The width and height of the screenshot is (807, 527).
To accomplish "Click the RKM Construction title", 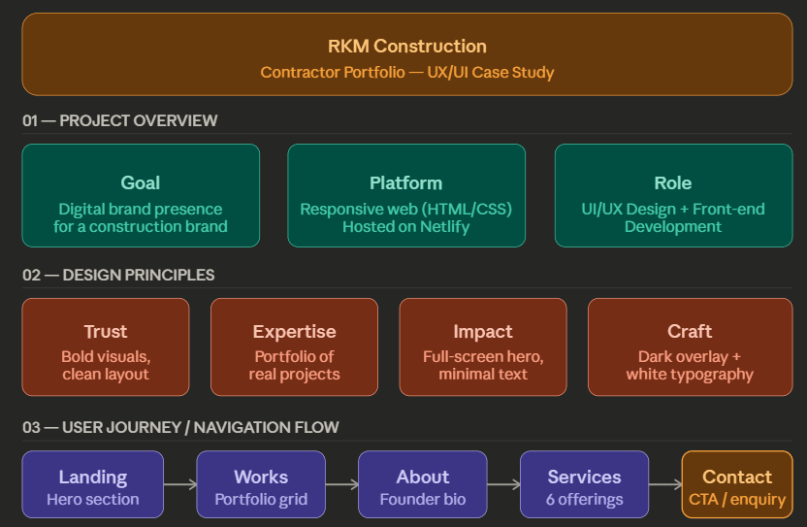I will [406, 46].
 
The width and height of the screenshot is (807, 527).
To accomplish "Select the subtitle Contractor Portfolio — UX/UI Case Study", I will [406, 73].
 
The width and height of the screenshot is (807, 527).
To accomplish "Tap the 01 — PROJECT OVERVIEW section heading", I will [120, 121].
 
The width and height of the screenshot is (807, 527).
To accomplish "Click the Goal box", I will [141, 195].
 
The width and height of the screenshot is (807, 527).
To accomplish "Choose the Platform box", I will [406, 195].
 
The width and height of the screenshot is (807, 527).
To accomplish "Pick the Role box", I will [673, 195].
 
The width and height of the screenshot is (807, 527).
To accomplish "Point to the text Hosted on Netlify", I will [405, 227].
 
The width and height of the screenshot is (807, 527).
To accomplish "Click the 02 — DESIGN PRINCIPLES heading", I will [118, 276].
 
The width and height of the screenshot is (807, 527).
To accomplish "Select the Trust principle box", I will [106, 346].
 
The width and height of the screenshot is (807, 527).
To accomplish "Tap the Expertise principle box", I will [294, 346].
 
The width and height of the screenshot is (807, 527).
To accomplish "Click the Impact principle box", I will [483, 346].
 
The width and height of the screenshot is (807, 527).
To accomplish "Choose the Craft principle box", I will [690, 346].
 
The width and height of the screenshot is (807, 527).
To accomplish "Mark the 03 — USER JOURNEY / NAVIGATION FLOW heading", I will [180, 428].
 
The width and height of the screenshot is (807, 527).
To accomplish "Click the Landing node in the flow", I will [93, 484].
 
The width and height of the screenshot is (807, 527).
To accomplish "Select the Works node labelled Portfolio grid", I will [261, 484].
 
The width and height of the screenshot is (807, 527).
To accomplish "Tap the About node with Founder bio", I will [422, 484].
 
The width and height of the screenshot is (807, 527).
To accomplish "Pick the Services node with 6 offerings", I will [584, 484].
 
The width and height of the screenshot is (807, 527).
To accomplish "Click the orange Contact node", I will [736, 484].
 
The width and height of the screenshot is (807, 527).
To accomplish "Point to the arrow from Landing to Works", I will [179, 484].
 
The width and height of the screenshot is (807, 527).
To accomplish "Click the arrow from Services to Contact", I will [664, 484].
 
